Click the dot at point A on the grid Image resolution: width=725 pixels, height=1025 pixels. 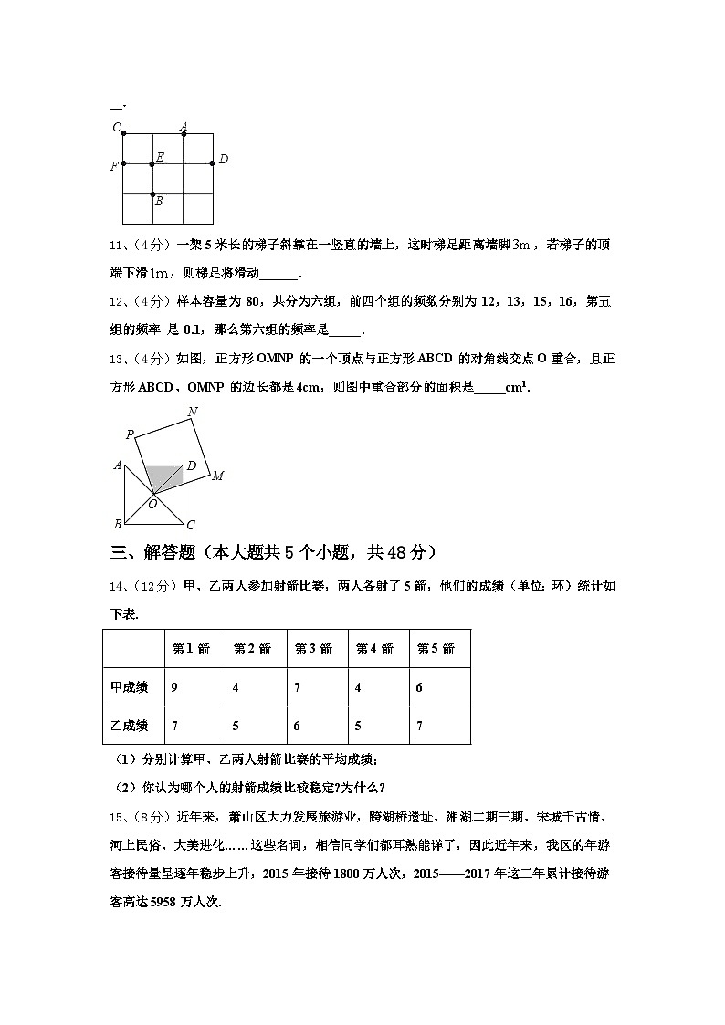[x=184, y=134]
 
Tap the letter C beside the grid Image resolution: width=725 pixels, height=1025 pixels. [x=116, y=127]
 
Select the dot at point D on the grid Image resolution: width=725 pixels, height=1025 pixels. [x=212, y=163]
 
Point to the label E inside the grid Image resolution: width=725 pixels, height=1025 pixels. [x=160, y=158]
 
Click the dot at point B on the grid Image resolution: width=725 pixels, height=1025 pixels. [x=152, y=193]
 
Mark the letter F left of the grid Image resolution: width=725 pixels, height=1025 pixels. [x=113, y=167]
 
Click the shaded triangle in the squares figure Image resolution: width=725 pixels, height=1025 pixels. [x=162, y=476]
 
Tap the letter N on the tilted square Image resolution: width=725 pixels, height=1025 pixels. [x=192, y=413]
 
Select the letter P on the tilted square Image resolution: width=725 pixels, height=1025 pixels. [x=130, y=435]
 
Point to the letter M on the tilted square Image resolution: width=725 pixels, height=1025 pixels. [x=217, y=476]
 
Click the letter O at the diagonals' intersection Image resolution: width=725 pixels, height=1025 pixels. [x=152, y=504]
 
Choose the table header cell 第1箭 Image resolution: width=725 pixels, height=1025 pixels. [x=191, y=649]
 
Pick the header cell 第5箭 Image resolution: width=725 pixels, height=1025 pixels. [x=435, y=649]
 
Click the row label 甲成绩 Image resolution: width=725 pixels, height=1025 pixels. [x=130, y=687]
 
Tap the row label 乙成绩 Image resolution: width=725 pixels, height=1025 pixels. [x=130, y=726]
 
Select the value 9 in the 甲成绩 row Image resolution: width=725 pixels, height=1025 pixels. [x=174, y=687]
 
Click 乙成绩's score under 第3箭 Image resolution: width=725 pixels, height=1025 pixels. [x=297, y=726]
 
